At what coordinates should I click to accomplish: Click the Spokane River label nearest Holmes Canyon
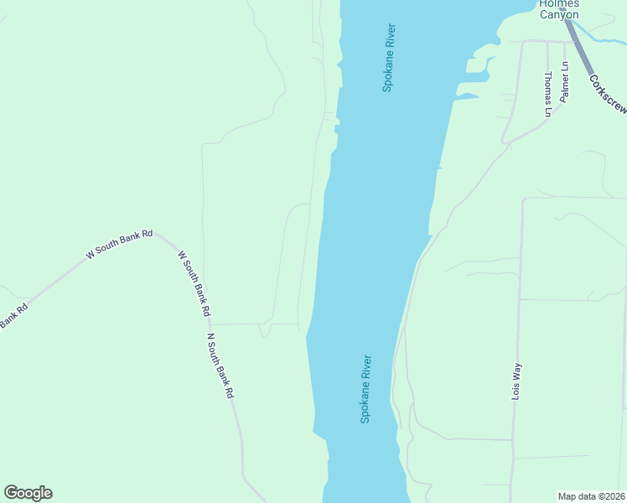coord(388,57)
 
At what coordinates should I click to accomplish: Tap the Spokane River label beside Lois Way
coord(365,388)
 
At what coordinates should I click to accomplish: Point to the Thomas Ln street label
coord(548,94)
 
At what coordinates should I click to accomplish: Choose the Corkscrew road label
coord(608,96)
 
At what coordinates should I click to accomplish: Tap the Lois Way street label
coord(517,380)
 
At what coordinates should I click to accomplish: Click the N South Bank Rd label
coord(220,366)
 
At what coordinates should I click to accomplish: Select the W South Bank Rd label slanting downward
coord(194,282)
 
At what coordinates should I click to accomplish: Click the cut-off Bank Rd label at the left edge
coord(13,315)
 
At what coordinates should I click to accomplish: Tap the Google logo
coord(28,493)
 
